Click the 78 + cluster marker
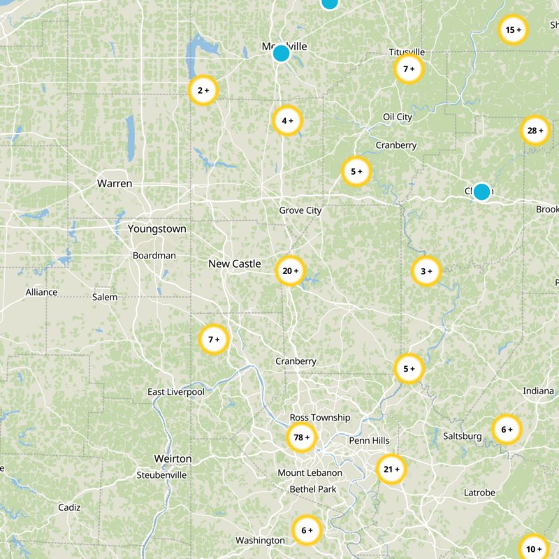[302, 437]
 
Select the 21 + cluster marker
[391, 470]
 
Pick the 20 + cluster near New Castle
[291, 270]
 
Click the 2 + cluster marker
[203, 90]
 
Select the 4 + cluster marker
[287, 120]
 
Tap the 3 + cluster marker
[426, 270]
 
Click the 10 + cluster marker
[535, 549]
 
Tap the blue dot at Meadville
[281, 53]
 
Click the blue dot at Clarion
[481, 191]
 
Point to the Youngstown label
[157, 229]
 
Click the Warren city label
[115, 184]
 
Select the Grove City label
[300, 210]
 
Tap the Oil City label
[398, 117]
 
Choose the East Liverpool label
[176, 392]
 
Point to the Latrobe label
[479, 493]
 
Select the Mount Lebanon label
[310, 473]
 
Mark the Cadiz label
[69, 507]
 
